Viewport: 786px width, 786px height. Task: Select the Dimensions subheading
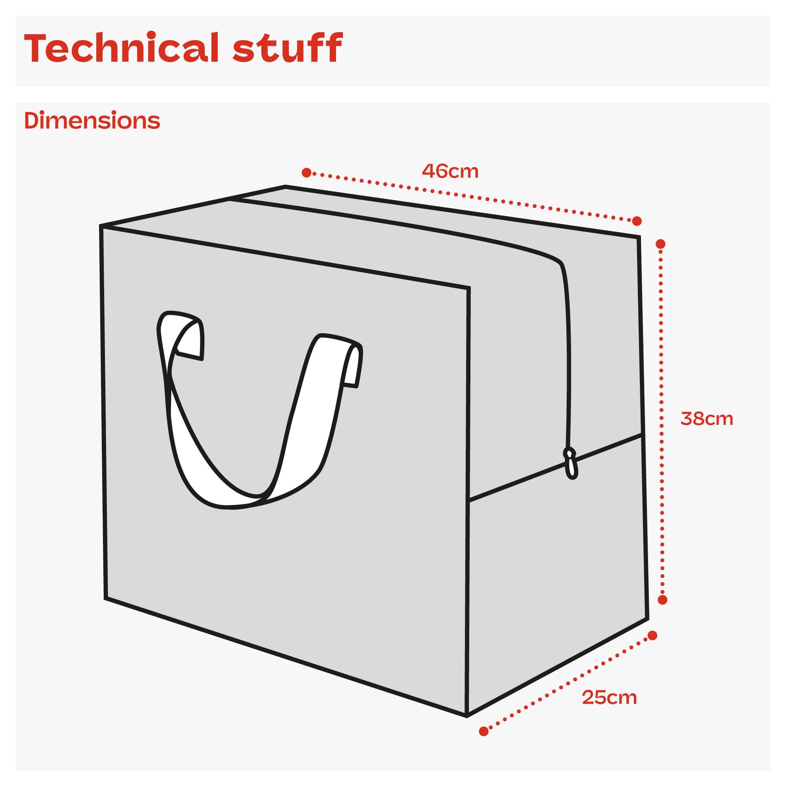pyautogui.click(x=92, y=120)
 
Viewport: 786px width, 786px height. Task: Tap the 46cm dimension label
pyautogui.click(x=450, y=171)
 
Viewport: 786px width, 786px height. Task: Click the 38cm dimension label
pyautogui.click(x=706, y=419)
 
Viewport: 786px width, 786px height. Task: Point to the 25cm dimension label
pyautogui.click(x=609, y=698)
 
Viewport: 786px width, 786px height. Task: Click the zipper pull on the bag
pyautogui.click(x=571, y=462)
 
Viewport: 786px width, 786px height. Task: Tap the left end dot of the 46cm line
pyautogui.click(x=307, y=172)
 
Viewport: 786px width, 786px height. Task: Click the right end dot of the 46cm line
pyautogui.click(x=637, y=221)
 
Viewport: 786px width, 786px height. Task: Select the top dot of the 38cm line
pyautogui.click(x=660, y=244)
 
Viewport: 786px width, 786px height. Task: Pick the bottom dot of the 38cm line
pyautogui.click(x=662, y=600)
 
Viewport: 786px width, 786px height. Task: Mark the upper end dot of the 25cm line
pyautogui.click(x=652, y=636)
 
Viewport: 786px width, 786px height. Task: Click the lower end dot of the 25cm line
pyautogui.click(x=483, y=731)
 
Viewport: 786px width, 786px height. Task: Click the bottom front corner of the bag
pyautogui.click(x=466, y=715)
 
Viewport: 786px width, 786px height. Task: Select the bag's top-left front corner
pyautogui.click(x=101, y=226)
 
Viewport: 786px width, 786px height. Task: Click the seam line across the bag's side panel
pyautogui.click(x=555, y=467)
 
